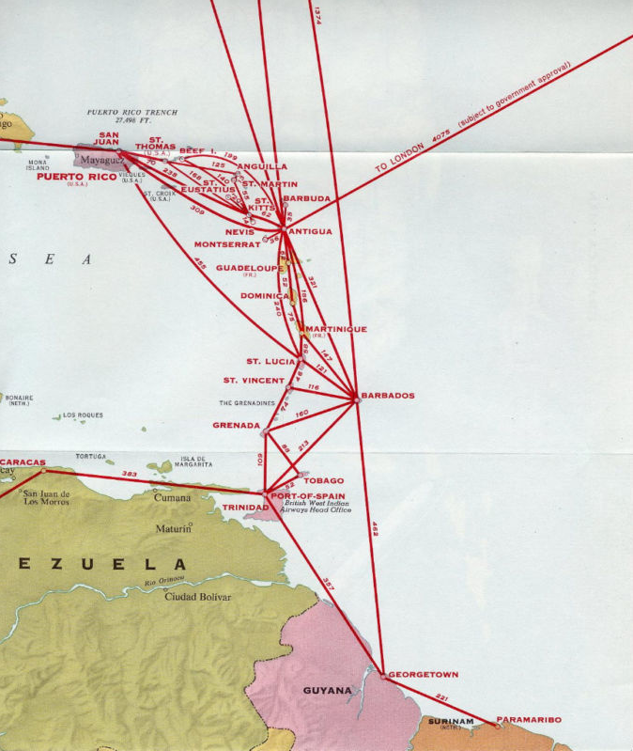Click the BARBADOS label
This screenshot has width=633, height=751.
pos(388,396)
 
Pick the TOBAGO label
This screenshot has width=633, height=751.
pos(323,480)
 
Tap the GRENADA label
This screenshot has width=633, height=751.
pos(236,425)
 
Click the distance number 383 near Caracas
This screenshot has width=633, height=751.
pos(130,474)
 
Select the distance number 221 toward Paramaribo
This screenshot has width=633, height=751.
pos(441,696)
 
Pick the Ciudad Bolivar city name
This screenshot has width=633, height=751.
pos(197,596)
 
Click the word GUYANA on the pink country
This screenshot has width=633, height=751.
pos(327,690)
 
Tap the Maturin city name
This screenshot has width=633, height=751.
pos(173,529)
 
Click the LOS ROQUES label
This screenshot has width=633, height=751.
pos(84,415)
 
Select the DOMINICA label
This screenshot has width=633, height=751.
pos(266,296)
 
